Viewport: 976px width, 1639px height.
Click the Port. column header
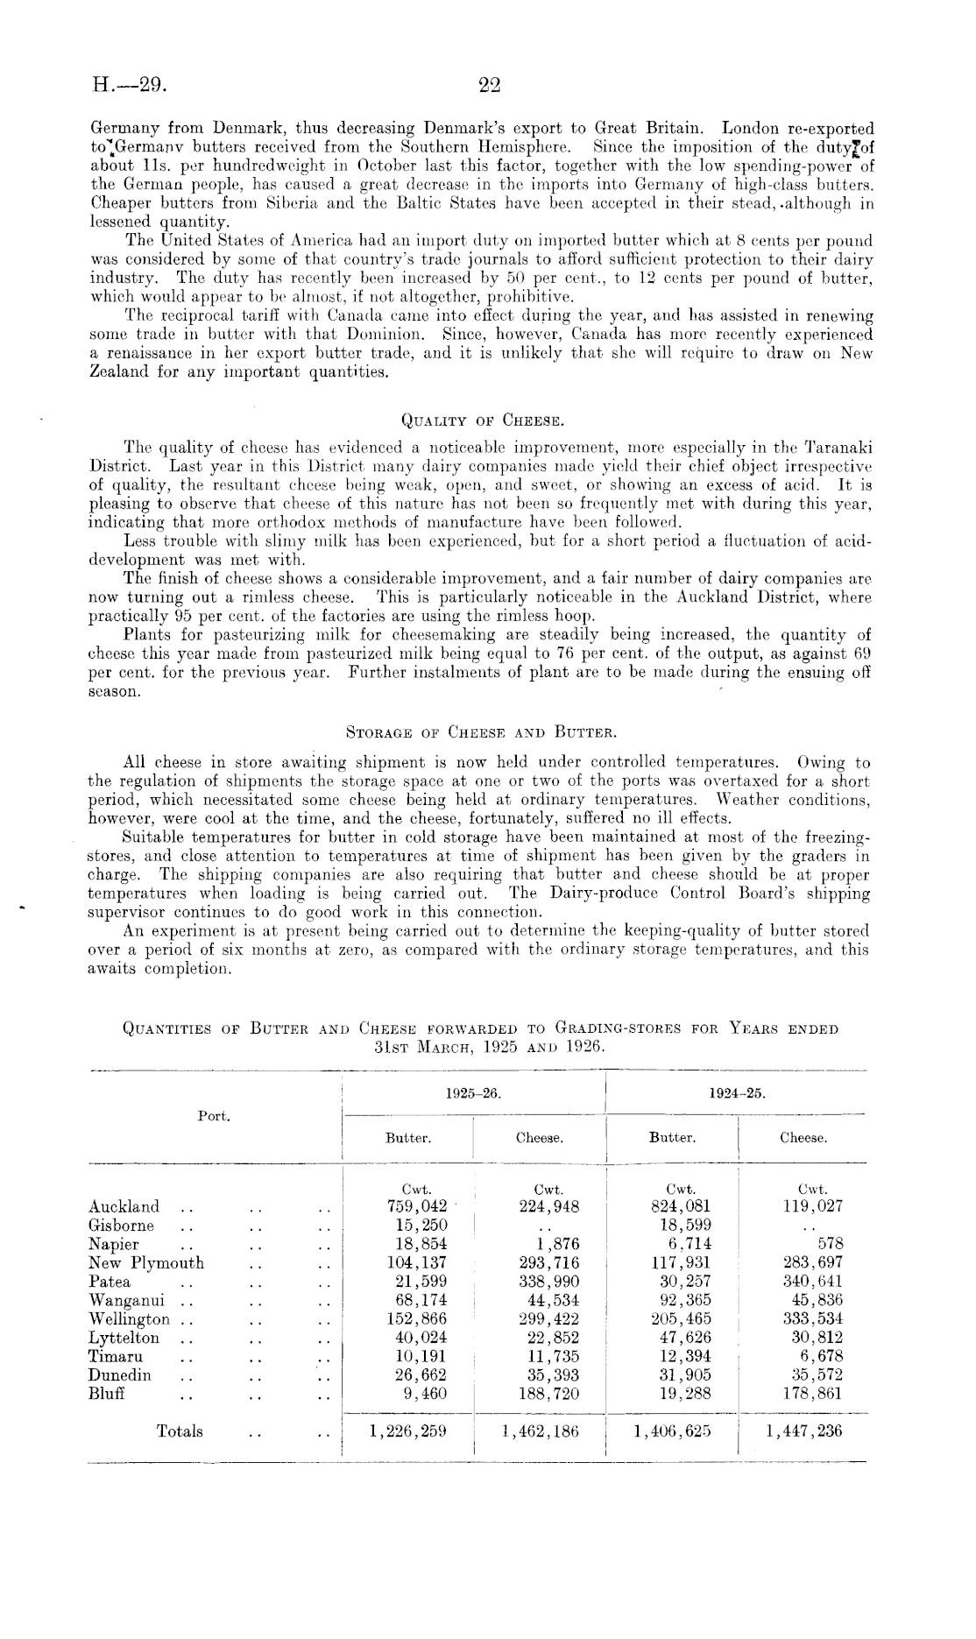(x=214, y=1116)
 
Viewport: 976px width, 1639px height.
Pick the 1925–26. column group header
(x=473, y=1094)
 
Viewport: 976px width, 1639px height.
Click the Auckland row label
(x=124, y=1207)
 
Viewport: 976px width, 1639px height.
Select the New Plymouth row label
(x=145, y=1263)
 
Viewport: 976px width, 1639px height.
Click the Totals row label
(x=180, y=1431)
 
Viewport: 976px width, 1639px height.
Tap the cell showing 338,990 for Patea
(x=548, y=1282)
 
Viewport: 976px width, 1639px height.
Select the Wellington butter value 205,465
(x=681, y=1319)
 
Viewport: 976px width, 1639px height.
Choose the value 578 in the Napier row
(x=830, y=1244)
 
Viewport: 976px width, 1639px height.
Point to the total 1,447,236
(x=803, y=1431)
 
